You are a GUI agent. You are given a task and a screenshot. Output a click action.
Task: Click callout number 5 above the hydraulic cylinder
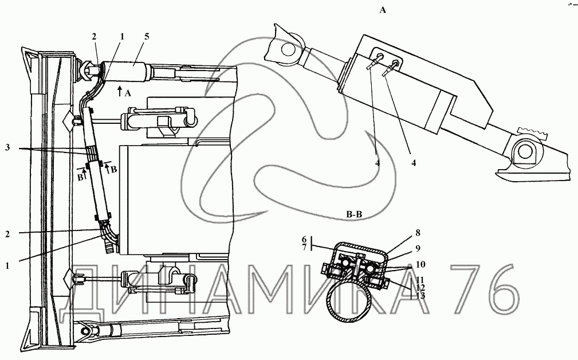coord(147,37)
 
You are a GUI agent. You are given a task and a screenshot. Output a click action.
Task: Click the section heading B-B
coord(354,214)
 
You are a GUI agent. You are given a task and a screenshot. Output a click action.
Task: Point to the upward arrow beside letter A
coord(119,91)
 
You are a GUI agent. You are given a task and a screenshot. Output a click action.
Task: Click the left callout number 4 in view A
coord(378,162)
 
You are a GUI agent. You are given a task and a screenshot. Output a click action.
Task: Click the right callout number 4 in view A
coord(413,162)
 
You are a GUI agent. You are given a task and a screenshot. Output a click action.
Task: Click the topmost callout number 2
coord(94,37)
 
